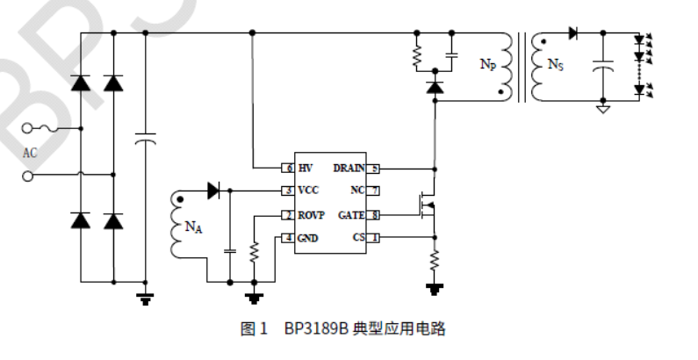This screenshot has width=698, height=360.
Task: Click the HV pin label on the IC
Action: [306, 167]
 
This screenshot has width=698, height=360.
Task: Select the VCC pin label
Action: [308, 191]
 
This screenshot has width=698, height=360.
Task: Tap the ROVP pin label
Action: [312, 214]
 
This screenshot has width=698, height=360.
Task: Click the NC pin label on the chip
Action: [357, 191]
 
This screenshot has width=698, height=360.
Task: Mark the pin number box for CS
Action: [374, 237]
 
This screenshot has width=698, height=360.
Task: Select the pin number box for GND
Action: [287, 238]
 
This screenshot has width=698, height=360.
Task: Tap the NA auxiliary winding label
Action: [194, 227]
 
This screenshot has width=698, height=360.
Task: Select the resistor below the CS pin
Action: [433, 260]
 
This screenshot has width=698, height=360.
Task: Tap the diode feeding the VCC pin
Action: [213, 190]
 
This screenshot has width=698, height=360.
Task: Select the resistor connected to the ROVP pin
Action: [254, 253]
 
